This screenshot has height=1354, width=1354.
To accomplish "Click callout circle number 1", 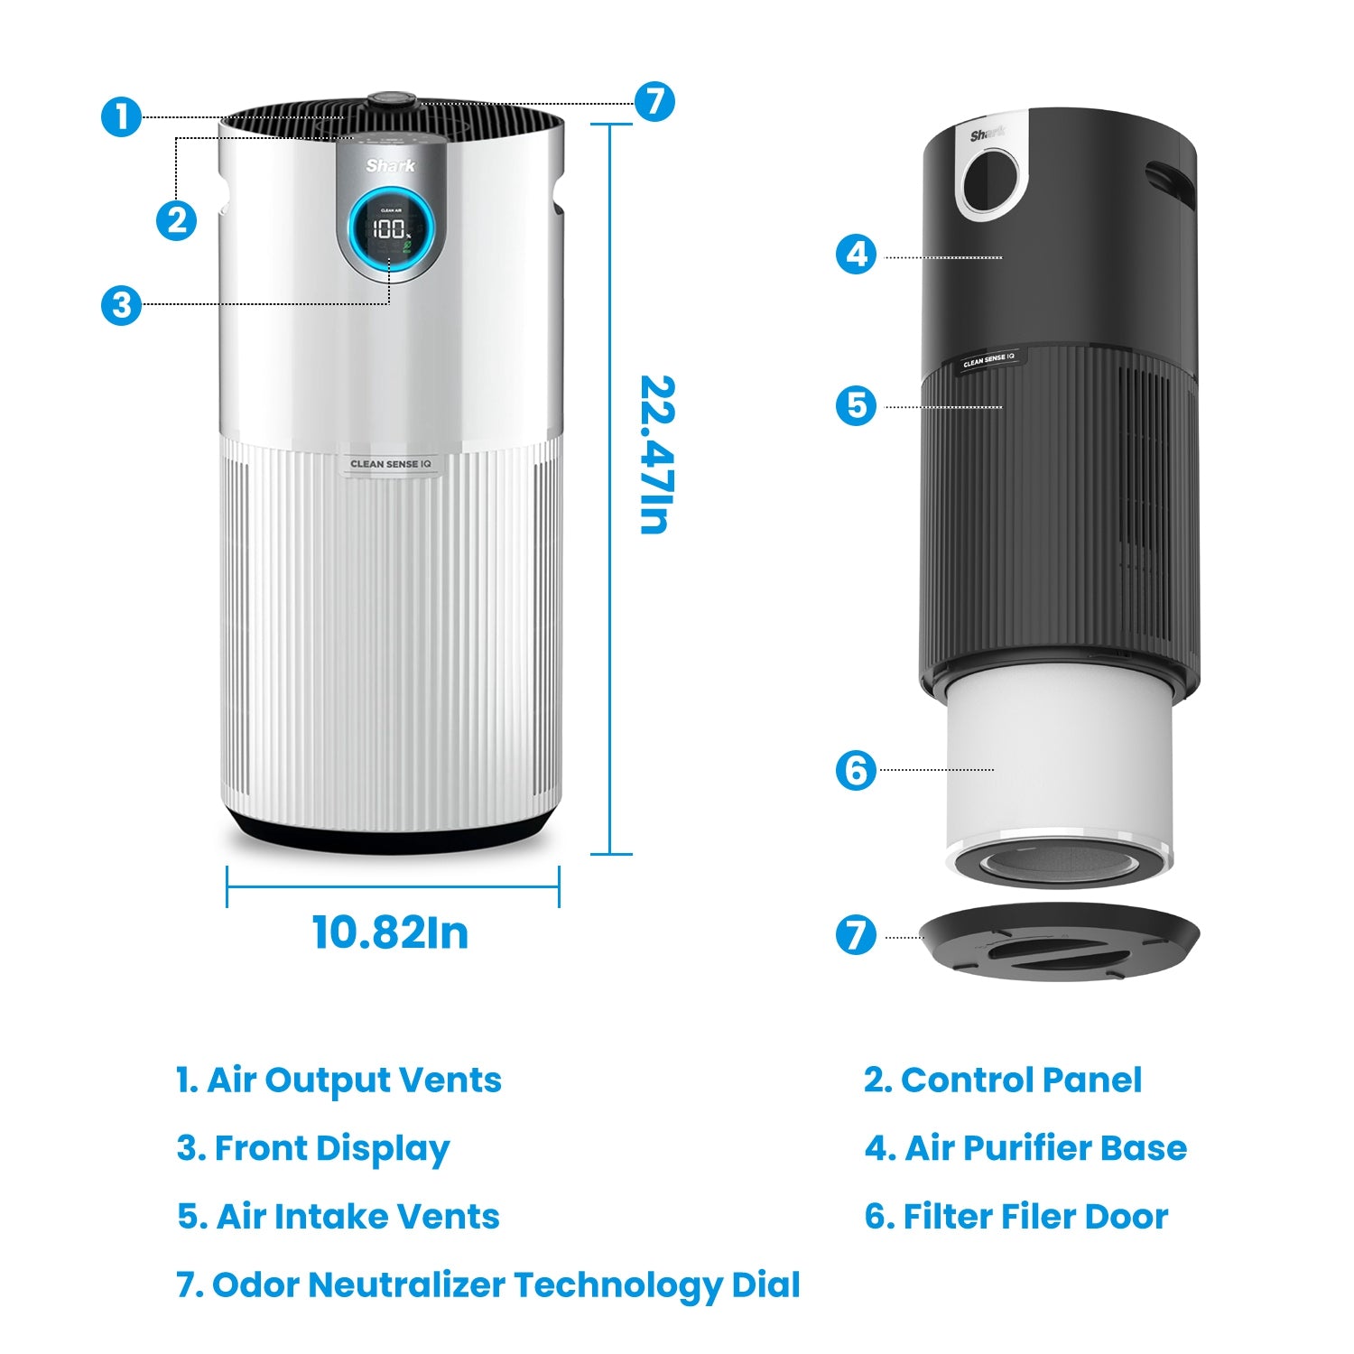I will pyautogui.click(x=121, y=117).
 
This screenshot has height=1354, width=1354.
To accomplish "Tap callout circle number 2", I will pyautogui.click(x=176, y=220).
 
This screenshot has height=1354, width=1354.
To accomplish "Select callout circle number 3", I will pyautogui.click(x=121, y=305).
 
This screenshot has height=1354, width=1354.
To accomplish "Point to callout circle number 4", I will pyautogui.click(x=856, y=255).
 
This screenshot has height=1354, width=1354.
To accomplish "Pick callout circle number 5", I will pyautogui.click(x=856, y=405).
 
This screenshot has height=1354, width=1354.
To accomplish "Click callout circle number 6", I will pyautogui.click(x=856, y=770).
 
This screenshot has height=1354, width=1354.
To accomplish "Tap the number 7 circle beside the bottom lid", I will pyautogui.click(x=856, y=935).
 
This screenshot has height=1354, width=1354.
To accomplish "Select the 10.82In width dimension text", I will pyautogui.click(x=390, y=932).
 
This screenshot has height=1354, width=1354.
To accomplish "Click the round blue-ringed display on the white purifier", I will pyautogui.click(x=392, y=228).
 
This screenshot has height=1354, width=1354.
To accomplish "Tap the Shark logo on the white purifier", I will pyautogui.click(x=391, y=166).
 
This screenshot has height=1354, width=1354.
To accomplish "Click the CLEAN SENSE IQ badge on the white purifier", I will pyautogui.click(x=391, y=464).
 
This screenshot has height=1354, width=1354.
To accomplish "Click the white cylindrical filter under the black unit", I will pyautogui.click(x=1059, y=767).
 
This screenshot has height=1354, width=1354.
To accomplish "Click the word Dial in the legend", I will pyautogui.click(x=765, y=1284).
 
